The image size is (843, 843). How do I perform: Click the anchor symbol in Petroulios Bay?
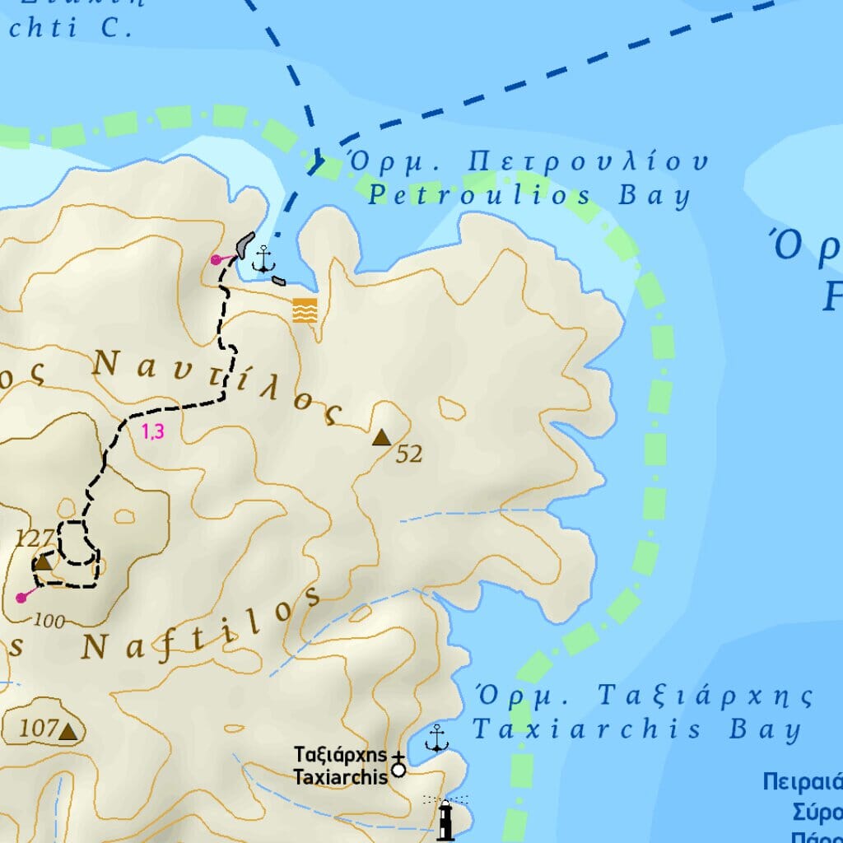263,258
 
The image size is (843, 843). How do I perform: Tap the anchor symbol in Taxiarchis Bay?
436,738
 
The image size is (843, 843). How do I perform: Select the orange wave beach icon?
305,310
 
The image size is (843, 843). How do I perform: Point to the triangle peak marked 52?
380,438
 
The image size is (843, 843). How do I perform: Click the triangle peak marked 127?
43,563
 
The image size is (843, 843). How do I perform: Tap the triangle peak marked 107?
68,731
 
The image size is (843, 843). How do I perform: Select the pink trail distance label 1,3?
153,431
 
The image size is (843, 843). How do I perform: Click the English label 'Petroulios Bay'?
529,196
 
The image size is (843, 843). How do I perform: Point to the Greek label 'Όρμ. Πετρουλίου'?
528,161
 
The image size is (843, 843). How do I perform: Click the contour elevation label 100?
50,622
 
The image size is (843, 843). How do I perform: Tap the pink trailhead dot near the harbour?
216,259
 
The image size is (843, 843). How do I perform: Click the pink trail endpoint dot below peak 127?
21,598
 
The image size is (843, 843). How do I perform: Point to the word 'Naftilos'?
202,627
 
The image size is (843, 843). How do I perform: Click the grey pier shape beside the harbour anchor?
245,244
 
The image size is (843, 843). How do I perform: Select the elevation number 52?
409,454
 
